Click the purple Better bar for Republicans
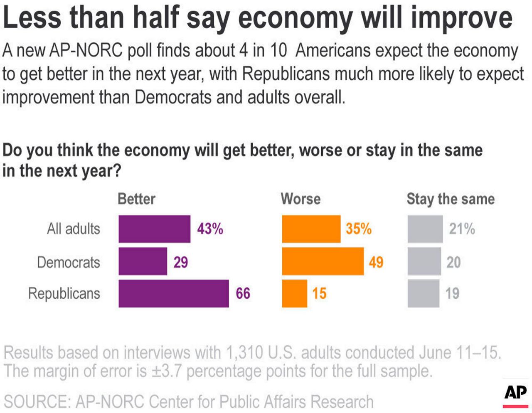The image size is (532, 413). pyautogui.click(x=173, y=293)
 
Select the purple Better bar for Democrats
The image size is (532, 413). pyautogui.click(x=143, y=261)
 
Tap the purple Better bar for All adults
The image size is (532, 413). pyautogui.click(x=154, y=229)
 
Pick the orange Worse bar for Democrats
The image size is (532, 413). pyautogui.click(x=323, y=261)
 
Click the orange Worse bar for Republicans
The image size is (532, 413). pyautogui.click(x=294, y=293)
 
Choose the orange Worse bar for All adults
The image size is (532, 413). pyautogui.click(x=311, y=229)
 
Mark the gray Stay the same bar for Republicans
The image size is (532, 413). pyautogui.click(x=423, y=293)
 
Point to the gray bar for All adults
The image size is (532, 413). pyautogui.click(x=425, y=229)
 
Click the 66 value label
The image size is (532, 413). pyautogui.click(x=243, y=293)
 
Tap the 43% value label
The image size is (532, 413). pyautogui.click(x=210, y=229)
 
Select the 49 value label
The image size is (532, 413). pyautogui.click(x=376, y=262)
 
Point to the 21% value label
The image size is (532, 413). pyautogui.click(x=462, y=229)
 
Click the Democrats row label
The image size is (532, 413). pyautogui.click(x=69, y=262)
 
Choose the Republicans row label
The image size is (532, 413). pyautogui.click(x=64, y=293)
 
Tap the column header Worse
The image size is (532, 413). pyautogui.click(x=300, y=199)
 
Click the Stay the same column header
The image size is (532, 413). pyautogui.click(x=451, y=199)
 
